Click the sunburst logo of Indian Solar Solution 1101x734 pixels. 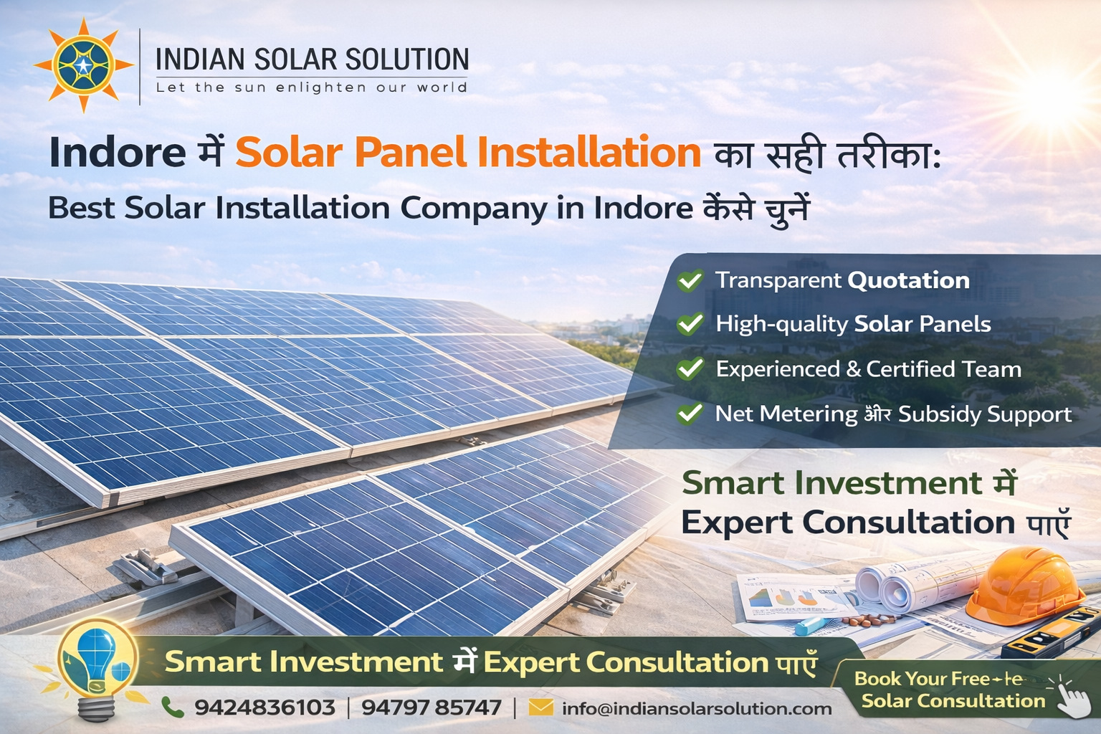(83, 65)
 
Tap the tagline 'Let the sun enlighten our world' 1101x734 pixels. (312, 87)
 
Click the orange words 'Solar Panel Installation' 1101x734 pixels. (468, 152)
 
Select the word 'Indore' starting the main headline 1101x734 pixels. (118, 153)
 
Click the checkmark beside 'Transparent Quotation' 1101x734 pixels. (690, 280)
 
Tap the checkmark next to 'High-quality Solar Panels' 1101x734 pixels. (690, 324)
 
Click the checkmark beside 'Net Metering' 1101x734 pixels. (690, 414)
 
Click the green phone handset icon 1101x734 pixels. (172, 707)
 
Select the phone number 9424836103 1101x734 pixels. (264, 708)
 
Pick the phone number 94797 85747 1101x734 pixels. (431, 708)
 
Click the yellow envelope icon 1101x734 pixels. (540, 708)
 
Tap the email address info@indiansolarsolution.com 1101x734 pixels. (697, 709)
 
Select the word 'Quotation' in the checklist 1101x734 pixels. (907, 280)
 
